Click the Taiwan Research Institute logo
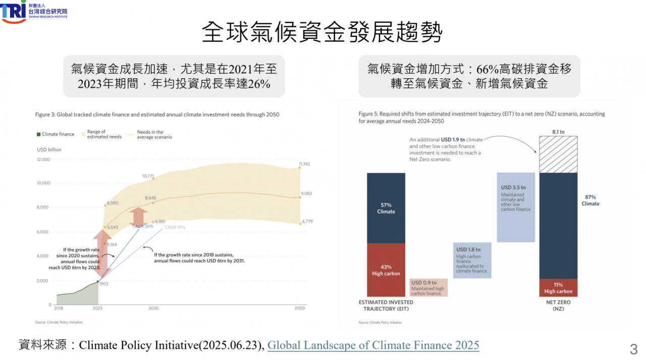33,11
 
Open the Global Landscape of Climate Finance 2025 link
373,345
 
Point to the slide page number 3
634,349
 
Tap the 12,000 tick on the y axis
43,160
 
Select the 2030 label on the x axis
153,308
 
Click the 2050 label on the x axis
300,308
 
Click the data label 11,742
304,164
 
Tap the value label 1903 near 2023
103,284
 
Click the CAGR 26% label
143,226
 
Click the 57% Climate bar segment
386,208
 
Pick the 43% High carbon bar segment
386,270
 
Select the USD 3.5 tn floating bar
515,207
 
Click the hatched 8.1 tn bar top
558,154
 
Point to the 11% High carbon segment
558,287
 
